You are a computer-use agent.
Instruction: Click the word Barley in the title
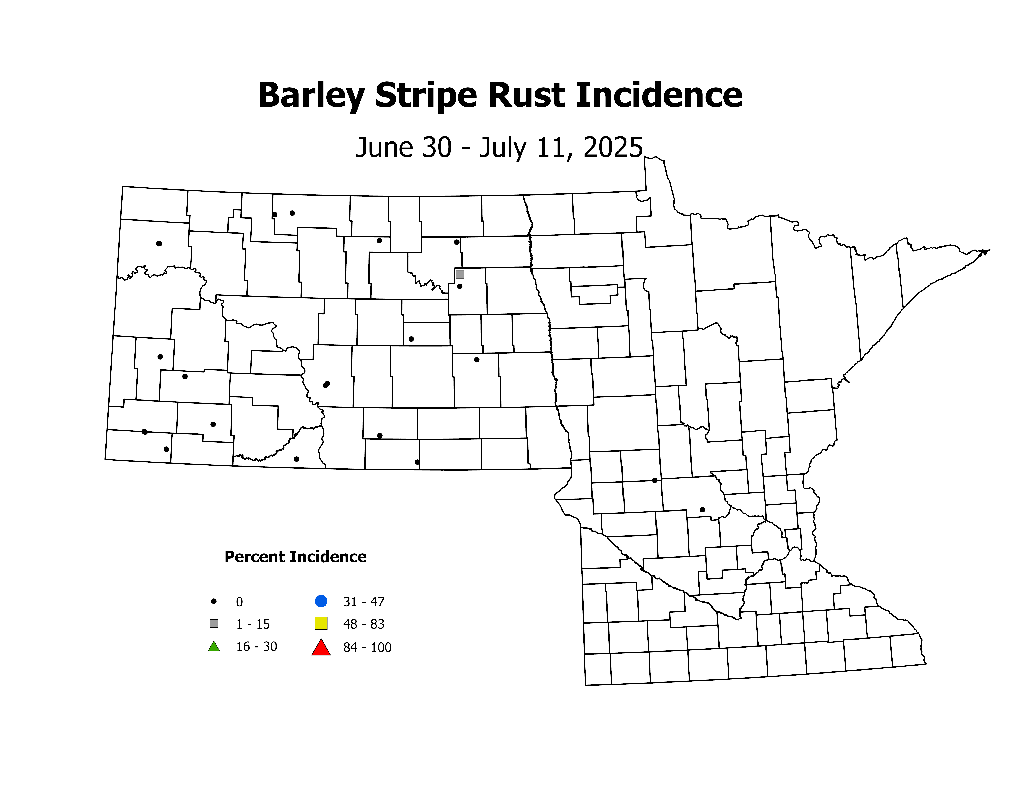pyautogui.click(x=311, y=96)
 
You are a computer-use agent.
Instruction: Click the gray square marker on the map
pyautogui.click(x=460, y=274)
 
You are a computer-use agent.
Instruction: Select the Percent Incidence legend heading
pyautogui.click(x=295, y=557)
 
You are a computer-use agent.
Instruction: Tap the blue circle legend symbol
pyautogui.click(x=321, y=601)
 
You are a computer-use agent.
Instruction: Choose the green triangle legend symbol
pyautogui.click(x=214, y=646)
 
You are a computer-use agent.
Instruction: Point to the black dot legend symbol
pyautogui.click(x=214, y=601)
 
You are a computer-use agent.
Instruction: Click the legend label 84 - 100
pyautogui.click(x=367, y=648)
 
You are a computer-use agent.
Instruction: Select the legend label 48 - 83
pyautogui.click(x=364, y=624)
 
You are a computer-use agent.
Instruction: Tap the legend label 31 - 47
pyautogui.click(x=364, y=602)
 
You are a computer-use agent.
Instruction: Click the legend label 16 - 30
pyautogui.click(x=257, y=647)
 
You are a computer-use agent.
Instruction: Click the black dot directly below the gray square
pyautogui.click(x=460, y=286)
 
